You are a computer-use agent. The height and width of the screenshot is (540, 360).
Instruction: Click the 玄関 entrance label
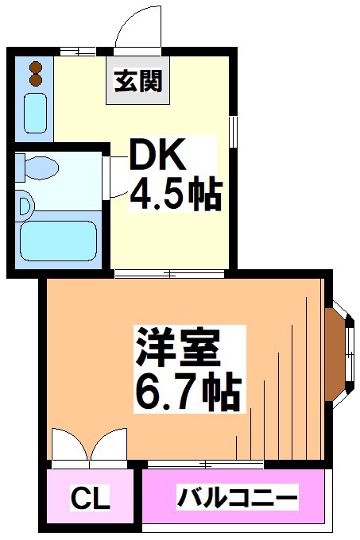(138, 81)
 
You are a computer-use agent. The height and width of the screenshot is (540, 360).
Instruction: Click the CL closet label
(91, 500)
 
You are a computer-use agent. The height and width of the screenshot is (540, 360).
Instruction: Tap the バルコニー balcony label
(237, 499)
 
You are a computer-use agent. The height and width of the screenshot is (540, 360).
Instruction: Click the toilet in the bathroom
(37, 168)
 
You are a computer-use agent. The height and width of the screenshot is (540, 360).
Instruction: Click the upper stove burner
(34, 67)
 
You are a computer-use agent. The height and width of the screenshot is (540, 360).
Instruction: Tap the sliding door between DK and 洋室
(168, 274)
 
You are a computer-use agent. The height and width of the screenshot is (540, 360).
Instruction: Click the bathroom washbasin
(25, 206)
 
